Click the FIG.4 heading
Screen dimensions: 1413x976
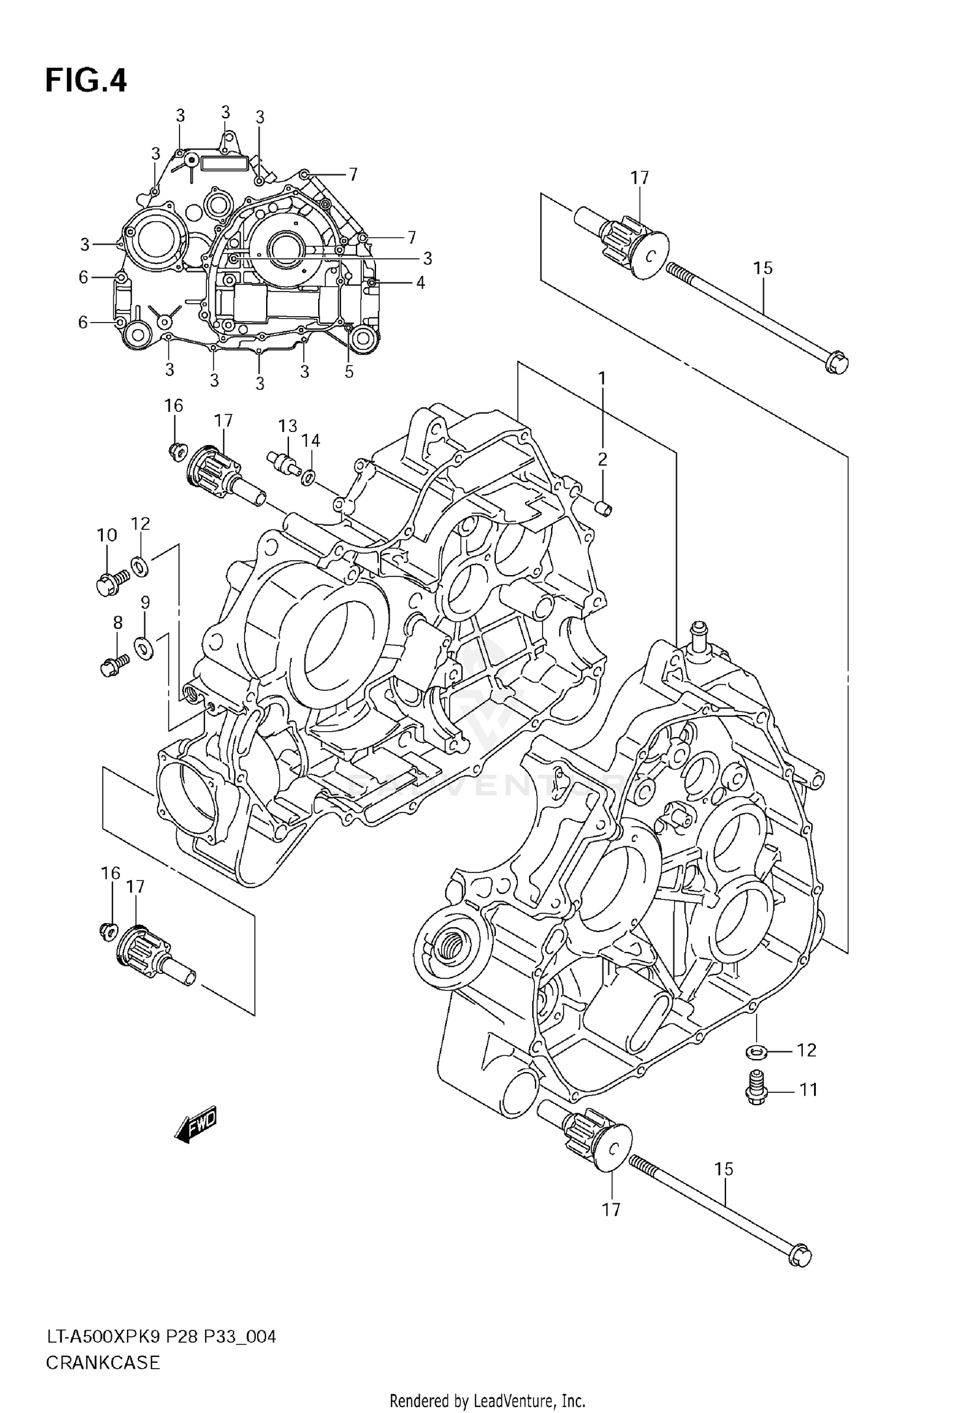(86, 81)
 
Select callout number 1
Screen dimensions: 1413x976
(603, 378)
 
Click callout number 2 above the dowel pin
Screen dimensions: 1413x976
(603, 459)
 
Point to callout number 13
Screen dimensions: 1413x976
(288, 426)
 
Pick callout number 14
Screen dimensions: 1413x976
(311, 441)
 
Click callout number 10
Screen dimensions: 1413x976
(107, 535)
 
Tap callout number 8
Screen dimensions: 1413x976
(118, 623)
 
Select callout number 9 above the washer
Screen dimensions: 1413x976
(145, 602)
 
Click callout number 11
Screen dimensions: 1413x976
(808, 1089)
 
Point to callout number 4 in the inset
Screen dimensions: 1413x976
(420, 282)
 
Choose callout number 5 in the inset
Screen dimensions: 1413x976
(349, 371)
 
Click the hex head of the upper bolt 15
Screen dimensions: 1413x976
(837, 362)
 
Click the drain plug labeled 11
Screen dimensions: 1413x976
(755, 1088)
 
